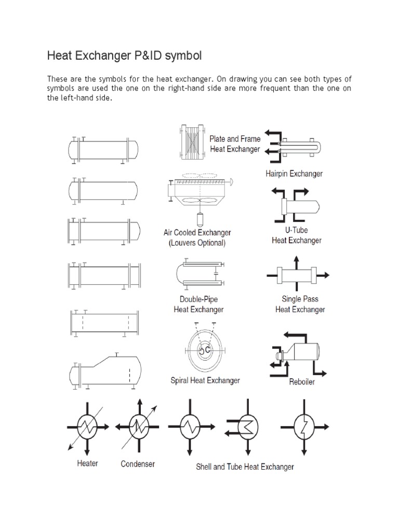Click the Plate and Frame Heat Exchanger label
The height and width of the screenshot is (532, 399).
[x=235, y=144]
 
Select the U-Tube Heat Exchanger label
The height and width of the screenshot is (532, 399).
[x=297, y=235]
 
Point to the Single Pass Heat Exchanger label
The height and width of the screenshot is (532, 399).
[x=300, y=304]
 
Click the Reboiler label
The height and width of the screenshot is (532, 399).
[x=302, y=382]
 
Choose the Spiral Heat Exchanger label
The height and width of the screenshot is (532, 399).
[x=205, y=381]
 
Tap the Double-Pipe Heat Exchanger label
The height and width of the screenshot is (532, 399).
[x=198, y=304]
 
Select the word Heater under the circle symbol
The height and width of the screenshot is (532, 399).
[x=87, y=463]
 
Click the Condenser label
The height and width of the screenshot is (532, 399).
[x=138, y=463]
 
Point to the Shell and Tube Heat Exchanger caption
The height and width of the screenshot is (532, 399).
[x=245, y=467]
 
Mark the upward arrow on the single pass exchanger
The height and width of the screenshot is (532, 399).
[x=296, y=260]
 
